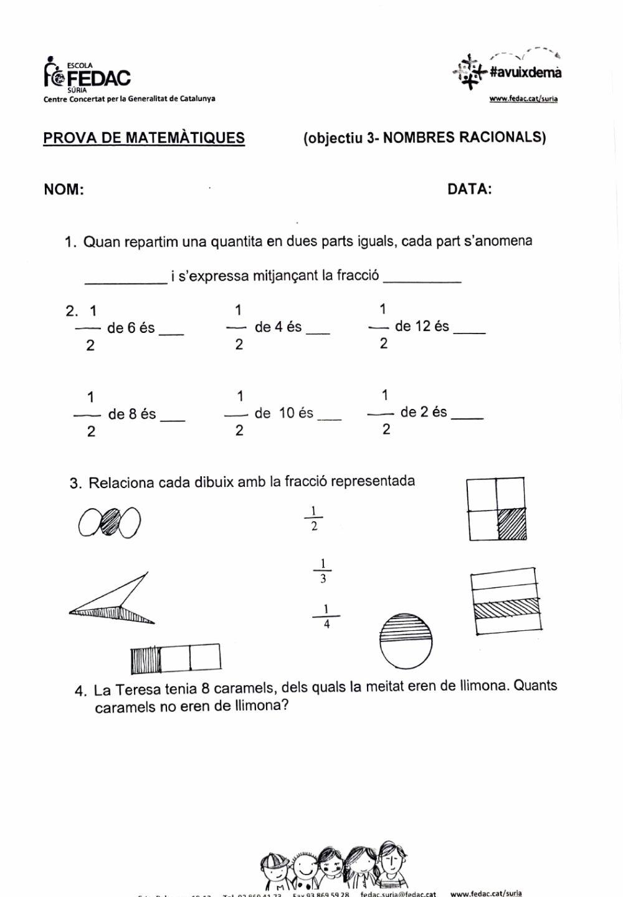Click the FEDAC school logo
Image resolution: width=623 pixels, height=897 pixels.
coord(87,75)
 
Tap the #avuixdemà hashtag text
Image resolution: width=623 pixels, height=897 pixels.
coord(525,72)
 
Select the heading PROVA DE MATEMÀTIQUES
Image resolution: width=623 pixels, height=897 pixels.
coord(144,138)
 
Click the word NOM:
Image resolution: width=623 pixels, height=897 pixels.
coord(64,189)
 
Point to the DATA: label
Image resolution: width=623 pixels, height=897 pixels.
coord(469,189)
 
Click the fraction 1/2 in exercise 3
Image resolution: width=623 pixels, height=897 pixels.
coord(314,519)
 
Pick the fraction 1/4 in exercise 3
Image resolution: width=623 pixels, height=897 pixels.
coord(326,616)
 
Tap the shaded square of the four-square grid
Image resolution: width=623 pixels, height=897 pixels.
coord(511,524)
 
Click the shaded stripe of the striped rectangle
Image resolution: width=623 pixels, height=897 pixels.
coord(505,608)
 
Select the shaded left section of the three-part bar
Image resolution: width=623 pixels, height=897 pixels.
coord(146,660)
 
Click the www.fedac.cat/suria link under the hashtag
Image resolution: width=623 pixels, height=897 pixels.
coord(523,98)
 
